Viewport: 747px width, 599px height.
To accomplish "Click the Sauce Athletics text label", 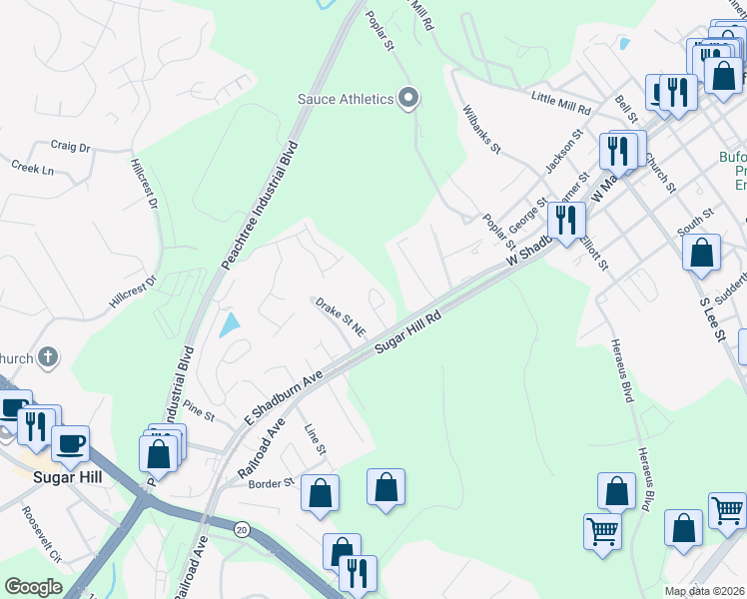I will pyautogui.click(x=347, y=98).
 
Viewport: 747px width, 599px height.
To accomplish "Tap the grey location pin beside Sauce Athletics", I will pyautogui.click(x=407, y=98).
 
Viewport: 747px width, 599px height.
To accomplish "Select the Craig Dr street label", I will pyautogui.click(x=70, y=146).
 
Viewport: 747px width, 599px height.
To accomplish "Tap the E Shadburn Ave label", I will pyautogui.click(x=287, y=397).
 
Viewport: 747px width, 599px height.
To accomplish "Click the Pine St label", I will pyautogui.click(x=200, y=410).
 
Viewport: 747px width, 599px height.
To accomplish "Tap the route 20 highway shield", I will pyautogui.click(x=242, y=529).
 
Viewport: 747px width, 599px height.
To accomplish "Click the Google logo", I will pyautogui.click(x=33, y=587).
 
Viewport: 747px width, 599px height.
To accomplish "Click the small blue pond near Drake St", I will pyautogui.click(x=229, y=324).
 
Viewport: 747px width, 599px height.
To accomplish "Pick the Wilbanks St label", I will pyautogui.click(x=481, y=130).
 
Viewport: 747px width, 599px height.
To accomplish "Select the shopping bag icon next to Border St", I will pyautogui.click(x=320, y=492).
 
